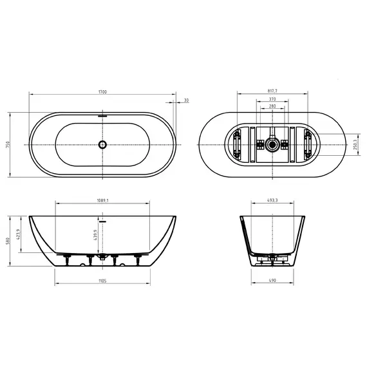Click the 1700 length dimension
coord(103,92)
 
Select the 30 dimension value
coord(187,100)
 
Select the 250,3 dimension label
coord(356,145)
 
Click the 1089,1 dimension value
coord(103,200)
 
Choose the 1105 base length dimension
coord(103,281)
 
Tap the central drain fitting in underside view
coord(273,145)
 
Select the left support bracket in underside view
coord(238,145)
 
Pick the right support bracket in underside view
coord(307,145)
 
